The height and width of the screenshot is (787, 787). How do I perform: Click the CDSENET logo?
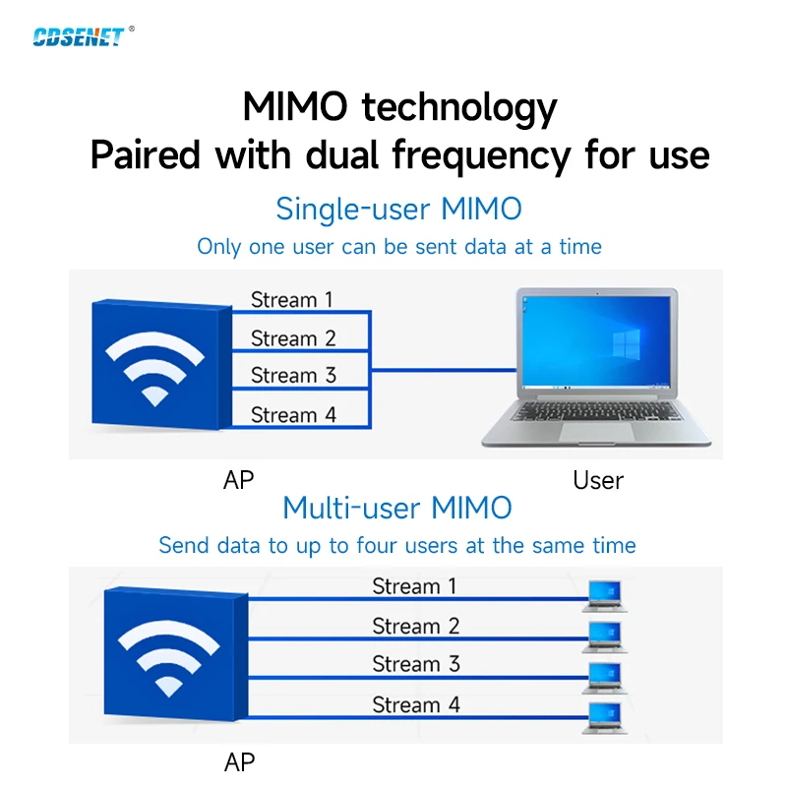(x=79, y=36)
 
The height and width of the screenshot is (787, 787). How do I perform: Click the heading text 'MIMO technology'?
(x=399, y=106)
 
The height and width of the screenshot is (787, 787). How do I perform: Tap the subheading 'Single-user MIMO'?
(x=398, y=209)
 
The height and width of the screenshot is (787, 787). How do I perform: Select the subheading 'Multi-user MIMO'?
(x=397, y=508)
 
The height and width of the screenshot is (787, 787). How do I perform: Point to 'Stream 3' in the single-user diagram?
(x=293, y=375)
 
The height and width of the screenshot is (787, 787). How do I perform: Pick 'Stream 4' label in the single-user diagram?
(x=293, y=415)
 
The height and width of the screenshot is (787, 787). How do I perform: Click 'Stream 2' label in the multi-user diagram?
(x=415, y=626)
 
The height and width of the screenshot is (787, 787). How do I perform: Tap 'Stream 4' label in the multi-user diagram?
(x=415, y=704)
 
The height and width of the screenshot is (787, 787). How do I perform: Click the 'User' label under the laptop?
(x=598, y=481)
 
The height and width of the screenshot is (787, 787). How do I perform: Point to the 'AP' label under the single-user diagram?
(x=239, y=480)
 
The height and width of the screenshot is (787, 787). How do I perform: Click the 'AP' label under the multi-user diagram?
(x=239, y=762)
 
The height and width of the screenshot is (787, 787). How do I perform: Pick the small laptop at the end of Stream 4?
(x=604, y=716)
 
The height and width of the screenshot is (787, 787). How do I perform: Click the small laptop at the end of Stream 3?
(x=604, y=677)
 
